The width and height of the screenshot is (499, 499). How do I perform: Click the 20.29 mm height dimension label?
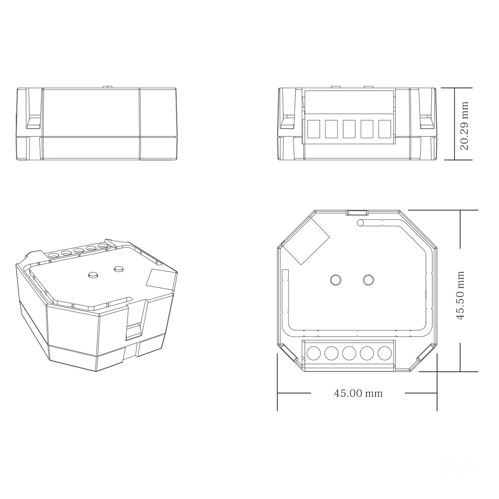pyautogui.click(x=464, y=125)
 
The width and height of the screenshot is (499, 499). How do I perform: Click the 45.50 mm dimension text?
pyautogui.click(x=460, y=296)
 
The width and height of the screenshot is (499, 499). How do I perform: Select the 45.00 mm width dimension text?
pyautogui.click(x=358, y=393)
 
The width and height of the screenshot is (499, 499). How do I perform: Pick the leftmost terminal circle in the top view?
pyautogui.click(x=314, y=353)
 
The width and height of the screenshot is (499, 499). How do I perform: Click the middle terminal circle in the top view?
pyautogui.click(x=349, y=353)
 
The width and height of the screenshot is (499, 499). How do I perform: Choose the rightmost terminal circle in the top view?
pyautogui.click(x=385, y=353)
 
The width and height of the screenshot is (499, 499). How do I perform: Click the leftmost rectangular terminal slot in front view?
pyautogui.click(x=314, y=129)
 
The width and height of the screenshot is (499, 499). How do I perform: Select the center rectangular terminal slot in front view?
pyautogui.click(x=349, y=129)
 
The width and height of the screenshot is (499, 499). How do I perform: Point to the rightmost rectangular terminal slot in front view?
pyautogui.click(x=385, y=129)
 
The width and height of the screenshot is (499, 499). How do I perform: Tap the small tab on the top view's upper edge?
pyautogui.click(x=357, y=213)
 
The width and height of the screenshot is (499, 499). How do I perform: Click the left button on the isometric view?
pyautogui.click(x=93, y=275)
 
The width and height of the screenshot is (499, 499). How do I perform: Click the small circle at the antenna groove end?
pyautogui.click(x=361, y=223)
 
